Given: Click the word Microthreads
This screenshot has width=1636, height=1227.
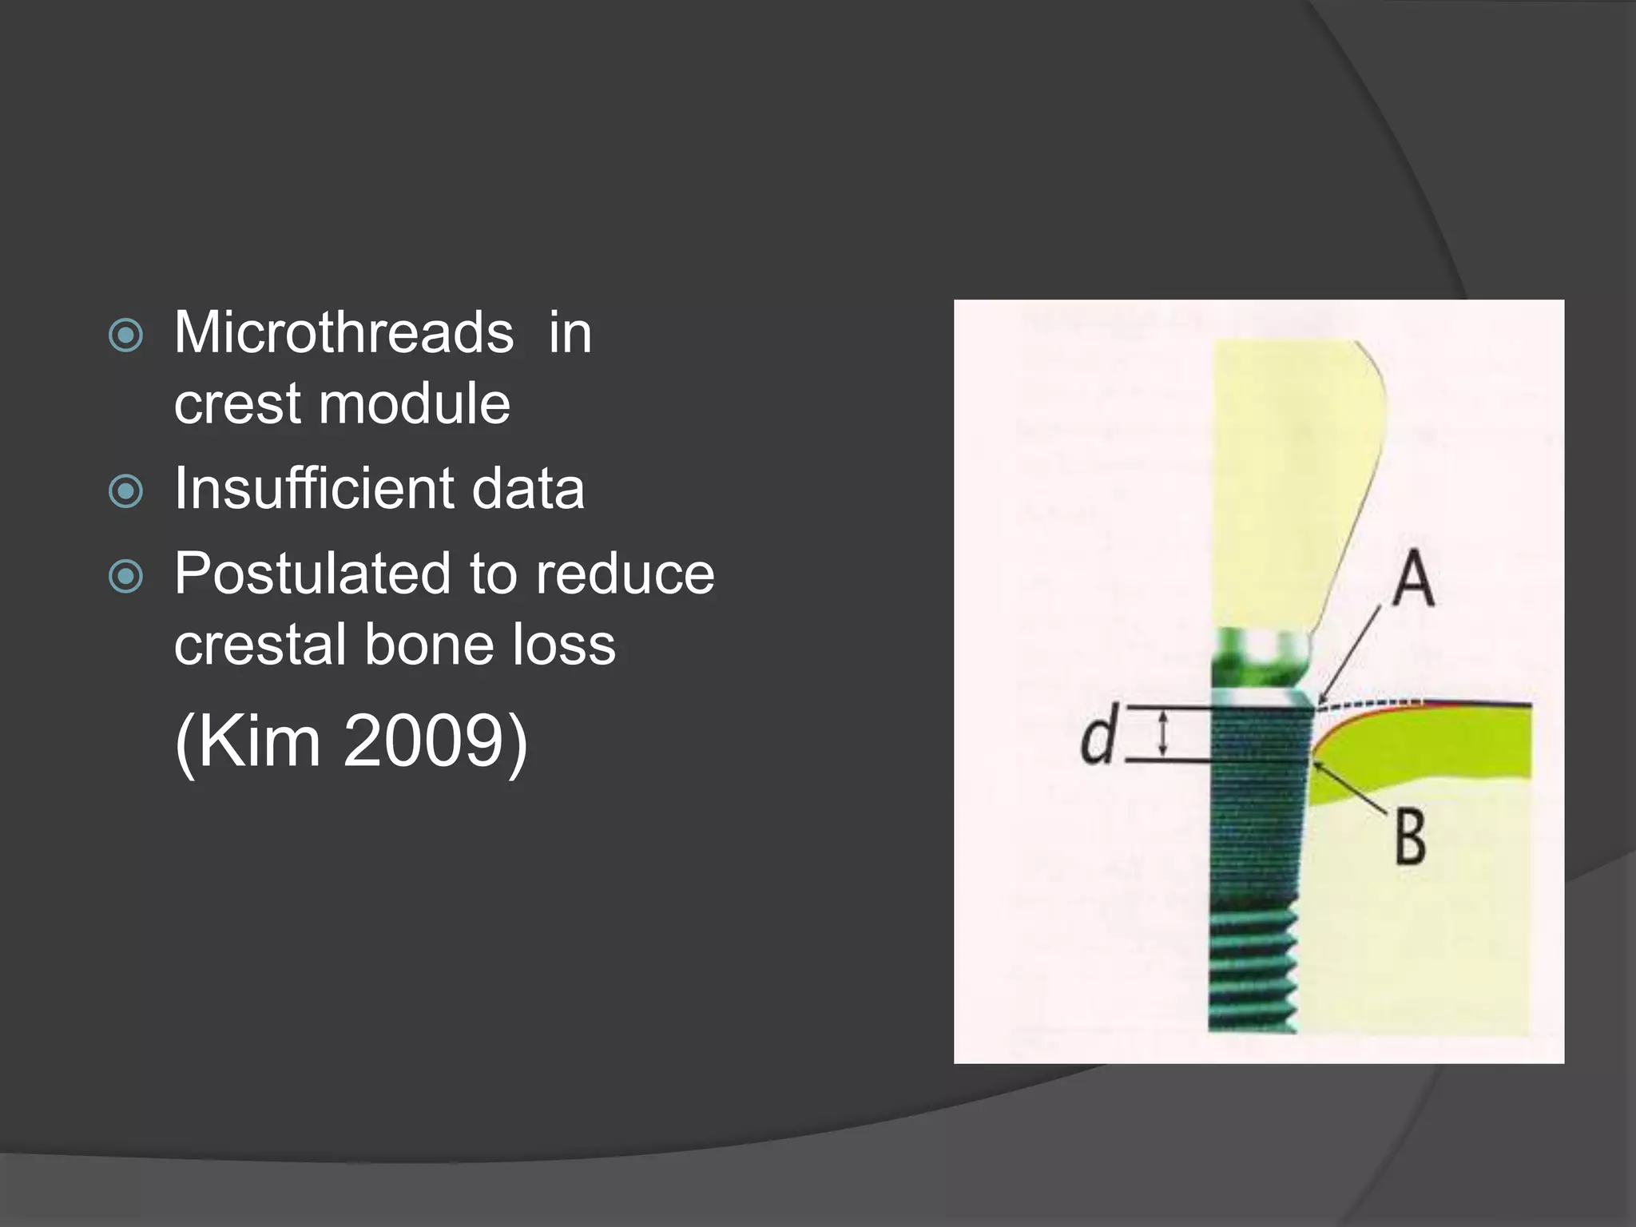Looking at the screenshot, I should pos(343,332).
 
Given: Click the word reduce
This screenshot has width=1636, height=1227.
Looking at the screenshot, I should pos(625,575).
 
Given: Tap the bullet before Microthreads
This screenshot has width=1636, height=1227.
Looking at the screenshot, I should pos(125,336).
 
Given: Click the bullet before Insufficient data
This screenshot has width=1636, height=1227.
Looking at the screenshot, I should pos(125,491).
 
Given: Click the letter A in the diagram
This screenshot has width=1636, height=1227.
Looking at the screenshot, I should pos(1412,580).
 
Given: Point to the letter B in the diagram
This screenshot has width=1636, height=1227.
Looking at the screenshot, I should pos(1411,837).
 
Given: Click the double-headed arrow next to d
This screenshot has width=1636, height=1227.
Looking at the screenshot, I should pos(1163,734).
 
